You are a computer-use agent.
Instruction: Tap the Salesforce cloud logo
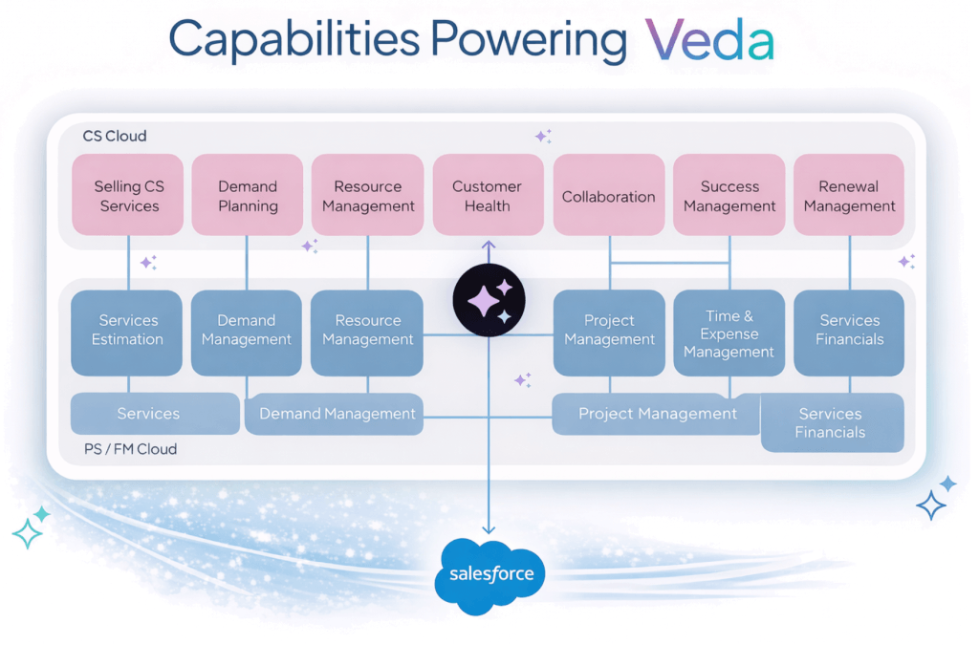pos(489,575)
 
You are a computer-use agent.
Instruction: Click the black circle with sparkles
pos(489,301)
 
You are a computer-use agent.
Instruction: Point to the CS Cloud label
pos(115,136)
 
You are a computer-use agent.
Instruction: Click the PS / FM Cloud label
pos(130,449)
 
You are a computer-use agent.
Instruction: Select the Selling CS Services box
pos(127,196)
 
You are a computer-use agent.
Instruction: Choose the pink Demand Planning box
pos(248,196)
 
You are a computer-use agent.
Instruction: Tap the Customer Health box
pos(488,196)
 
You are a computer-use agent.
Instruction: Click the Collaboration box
pos(608,196)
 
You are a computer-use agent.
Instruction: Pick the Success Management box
pos(729,196)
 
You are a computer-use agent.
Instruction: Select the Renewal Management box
pos(849,196)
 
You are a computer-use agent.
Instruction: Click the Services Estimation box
pos(127,331)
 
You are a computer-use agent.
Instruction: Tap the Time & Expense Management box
pos(729,333)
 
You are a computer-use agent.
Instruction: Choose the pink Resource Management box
pos(368,196)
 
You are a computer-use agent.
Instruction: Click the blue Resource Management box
pos(368,331)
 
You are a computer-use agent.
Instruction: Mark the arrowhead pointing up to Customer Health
pos(489,245)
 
